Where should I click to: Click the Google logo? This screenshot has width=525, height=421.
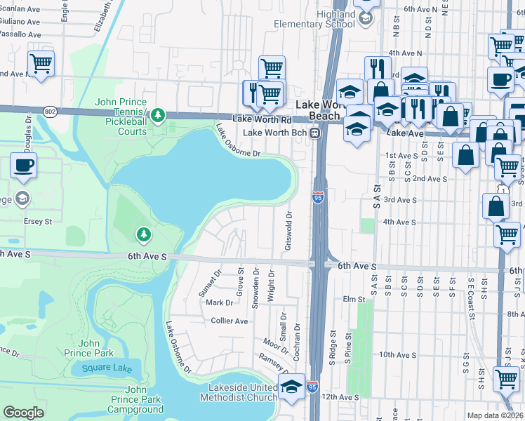(24, 413)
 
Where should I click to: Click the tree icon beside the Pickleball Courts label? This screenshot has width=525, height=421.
(159, 114)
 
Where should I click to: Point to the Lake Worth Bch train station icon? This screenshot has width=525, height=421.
(316, 133)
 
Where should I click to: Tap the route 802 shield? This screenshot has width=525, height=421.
(49, 111)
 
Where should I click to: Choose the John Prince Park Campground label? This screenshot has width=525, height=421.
(144, 400)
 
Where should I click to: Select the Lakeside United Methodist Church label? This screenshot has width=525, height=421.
(243, 392)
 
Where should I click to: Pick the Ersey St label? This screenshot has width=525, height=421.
(39, 221)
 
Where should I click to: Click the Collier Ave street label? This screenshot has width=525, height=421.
(230, 321)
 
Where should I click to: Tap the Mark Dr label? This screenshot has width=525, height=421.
(220, 302)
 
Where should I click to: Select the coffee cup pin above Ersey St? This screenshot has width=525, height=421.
(23, 166)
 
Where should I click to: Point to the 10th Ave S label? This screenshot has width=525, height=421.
(397, 355)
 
